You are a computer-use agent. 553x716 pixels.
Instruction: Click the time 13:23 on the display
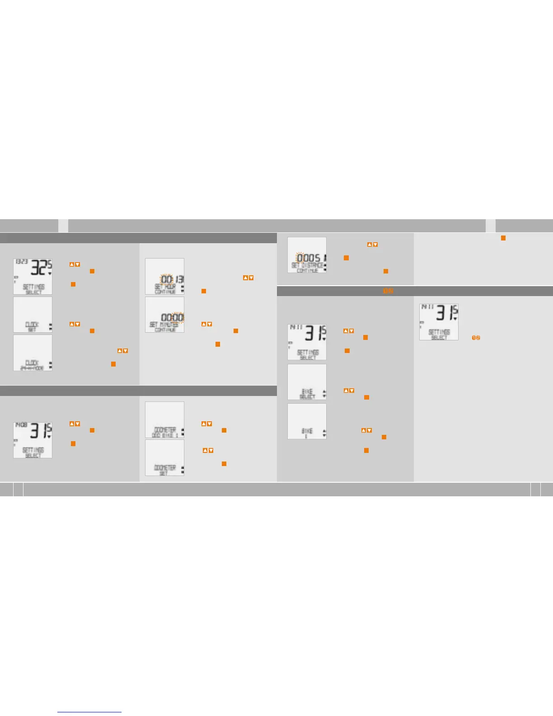coord(22,262)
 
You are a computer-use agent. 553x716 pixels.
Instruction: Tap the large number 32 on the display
coord(38,268)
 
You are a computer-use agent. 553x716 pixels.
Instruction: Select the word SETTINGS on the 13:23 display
coord(33,287)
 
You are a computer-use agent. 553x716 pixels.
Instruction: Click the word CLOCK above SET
coord(32,325)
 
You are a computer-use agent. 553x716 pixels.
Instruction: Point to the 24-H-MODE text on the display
coord(32,368)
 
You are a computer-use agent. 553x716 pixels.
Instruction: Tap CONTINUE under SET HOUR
coord(164,292)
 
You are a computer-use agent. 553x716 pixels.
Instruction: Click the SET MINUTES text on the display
coord(164,325)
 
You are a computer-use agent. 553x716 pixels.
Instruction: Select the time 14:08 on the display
coord(21,425)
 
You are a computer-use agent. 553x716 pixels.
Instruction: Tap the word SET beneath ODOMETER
coord(163,473)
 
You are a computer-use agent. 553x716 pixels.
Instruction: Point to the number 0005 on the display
coord(309,258)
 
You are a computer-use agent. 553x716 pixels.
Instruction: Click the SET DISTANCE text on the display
coord(307,265)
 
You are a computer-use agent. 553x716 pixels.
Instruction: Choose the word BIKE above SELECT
coord(307,391)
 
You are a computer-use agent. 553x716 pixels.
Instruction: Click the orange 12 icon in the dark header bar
coord(388,291)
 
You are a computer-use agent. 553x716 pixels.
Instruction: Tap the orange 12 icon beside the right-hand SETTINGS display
coord(476,338)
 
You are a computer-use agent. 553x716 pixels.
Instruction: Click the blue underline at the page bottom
coord(89,712)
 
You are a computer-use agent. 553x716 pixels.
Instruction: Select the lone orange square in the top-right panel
coord(503,238)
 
